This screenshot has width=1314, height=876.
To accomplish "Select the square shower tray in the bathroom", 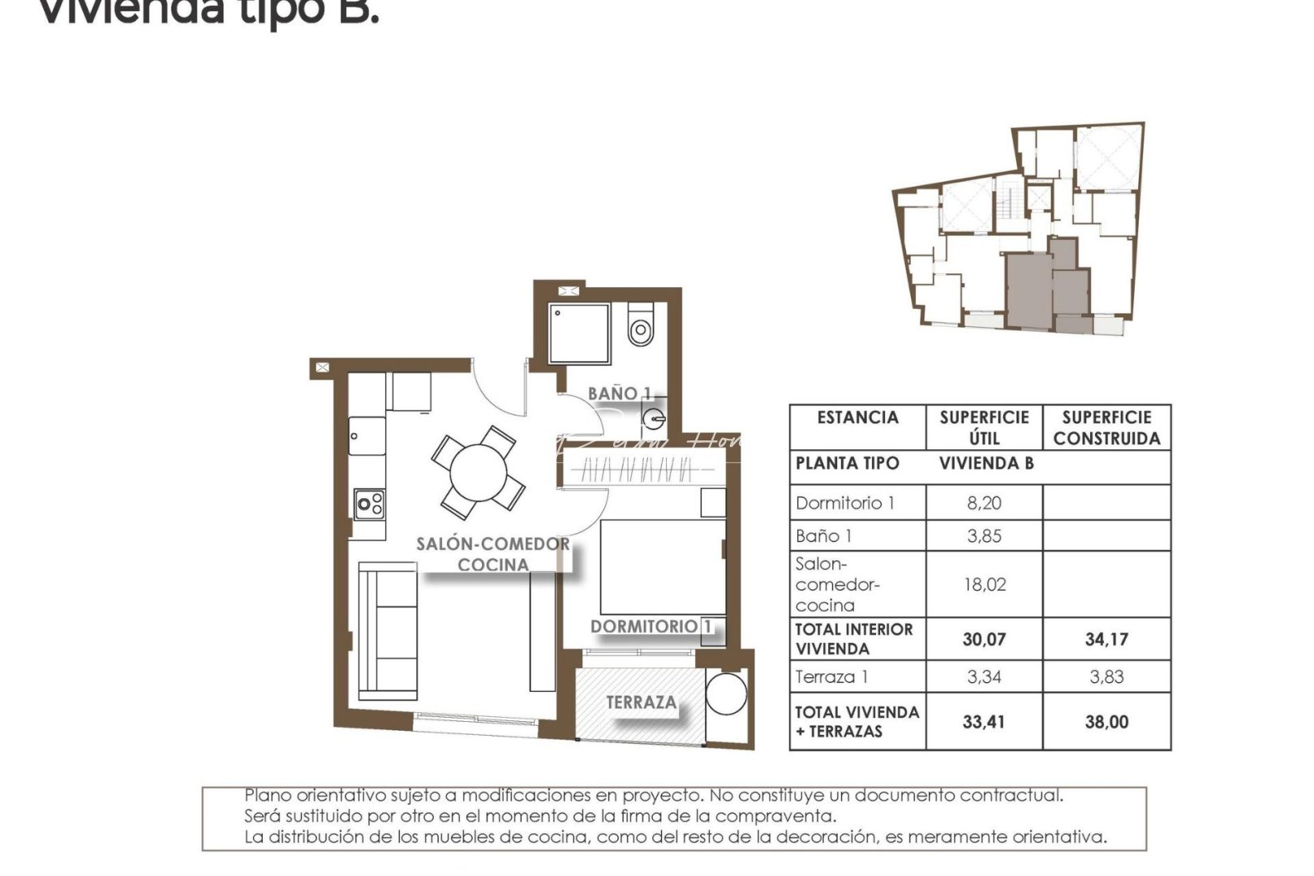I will click(579, 333).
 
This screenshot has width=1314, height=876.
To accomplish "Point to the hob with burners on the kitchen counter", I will click(369, 504).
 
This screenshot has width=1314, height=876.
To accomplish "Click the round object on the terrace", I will click(725, 693).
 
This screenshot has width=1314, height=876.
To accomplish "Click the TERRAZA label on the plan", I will click(641, 702).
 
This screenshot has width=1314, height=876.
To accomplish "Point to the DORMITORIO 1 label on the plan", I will click(651, 626).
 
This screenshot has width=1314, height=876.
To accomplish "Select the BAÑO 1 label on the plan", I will click(619, 393).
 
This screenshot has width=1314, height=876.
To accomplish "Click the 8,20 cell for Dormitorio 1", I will click(984, 503).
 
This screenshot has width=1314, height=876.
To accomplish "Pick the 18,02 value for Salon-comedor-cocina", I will click(984, 585).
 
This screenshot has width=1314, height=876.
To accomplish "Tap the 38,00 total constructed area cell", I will click(1106, 722).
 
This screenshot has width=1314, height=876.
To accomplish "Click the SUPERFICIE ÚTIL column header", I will click(984, 427).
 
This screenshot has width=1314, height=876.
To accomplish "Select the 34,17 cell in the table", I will click(1106, 639).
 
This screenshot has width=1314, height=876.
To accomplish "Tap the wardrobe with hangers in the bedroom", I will click(637, 470).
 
